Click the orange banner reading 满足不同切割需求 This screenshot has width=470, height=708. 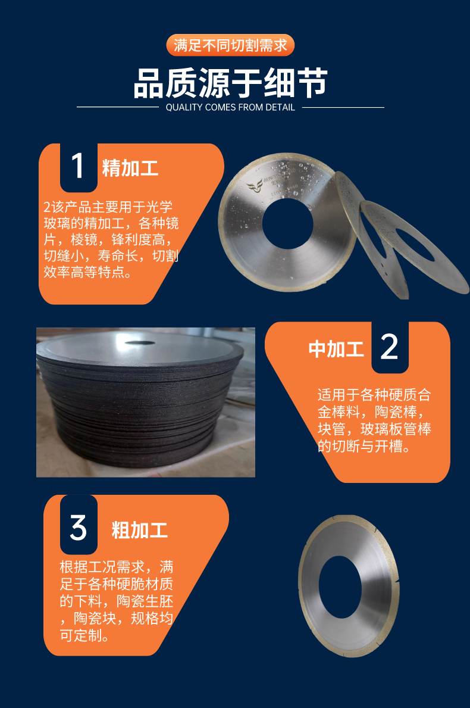(230, 45)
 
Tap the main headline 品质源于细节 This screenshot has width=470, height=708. (230, 83)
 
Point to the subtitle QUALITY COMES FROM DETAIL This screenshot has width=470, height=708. (230, 107)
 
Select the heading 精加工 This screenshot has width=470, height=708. (130, 168)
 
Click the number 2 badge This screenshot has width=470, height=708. (390, 347)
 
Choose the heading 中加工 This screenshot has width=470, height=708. (336, 349)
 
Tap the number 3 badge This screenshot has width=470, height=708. (79, 526)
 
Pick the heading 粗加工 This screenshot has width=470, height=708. (139, 529)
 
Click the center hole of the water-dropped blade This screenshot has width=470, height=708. (287, 223)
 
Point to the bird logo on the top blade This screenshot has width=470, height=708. (255, 185)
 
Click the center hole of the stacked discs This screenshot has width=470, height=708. (140, 343)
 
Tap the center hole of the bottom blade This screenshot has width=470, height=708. (340, 587)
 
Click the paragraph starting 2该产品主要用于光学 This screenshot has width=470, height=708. (111, 239)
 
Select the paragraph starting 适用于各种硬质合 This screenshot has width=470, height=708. (374, 420)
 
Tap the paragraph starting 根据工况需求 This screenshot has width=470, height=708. (117, 601)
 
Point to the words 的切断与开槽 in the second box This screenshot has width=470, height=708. (359, 446)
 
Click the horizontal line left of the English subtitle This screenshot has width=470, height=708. (118, 107)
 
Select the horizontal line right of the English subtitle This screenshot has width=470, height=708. (343, 107)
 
